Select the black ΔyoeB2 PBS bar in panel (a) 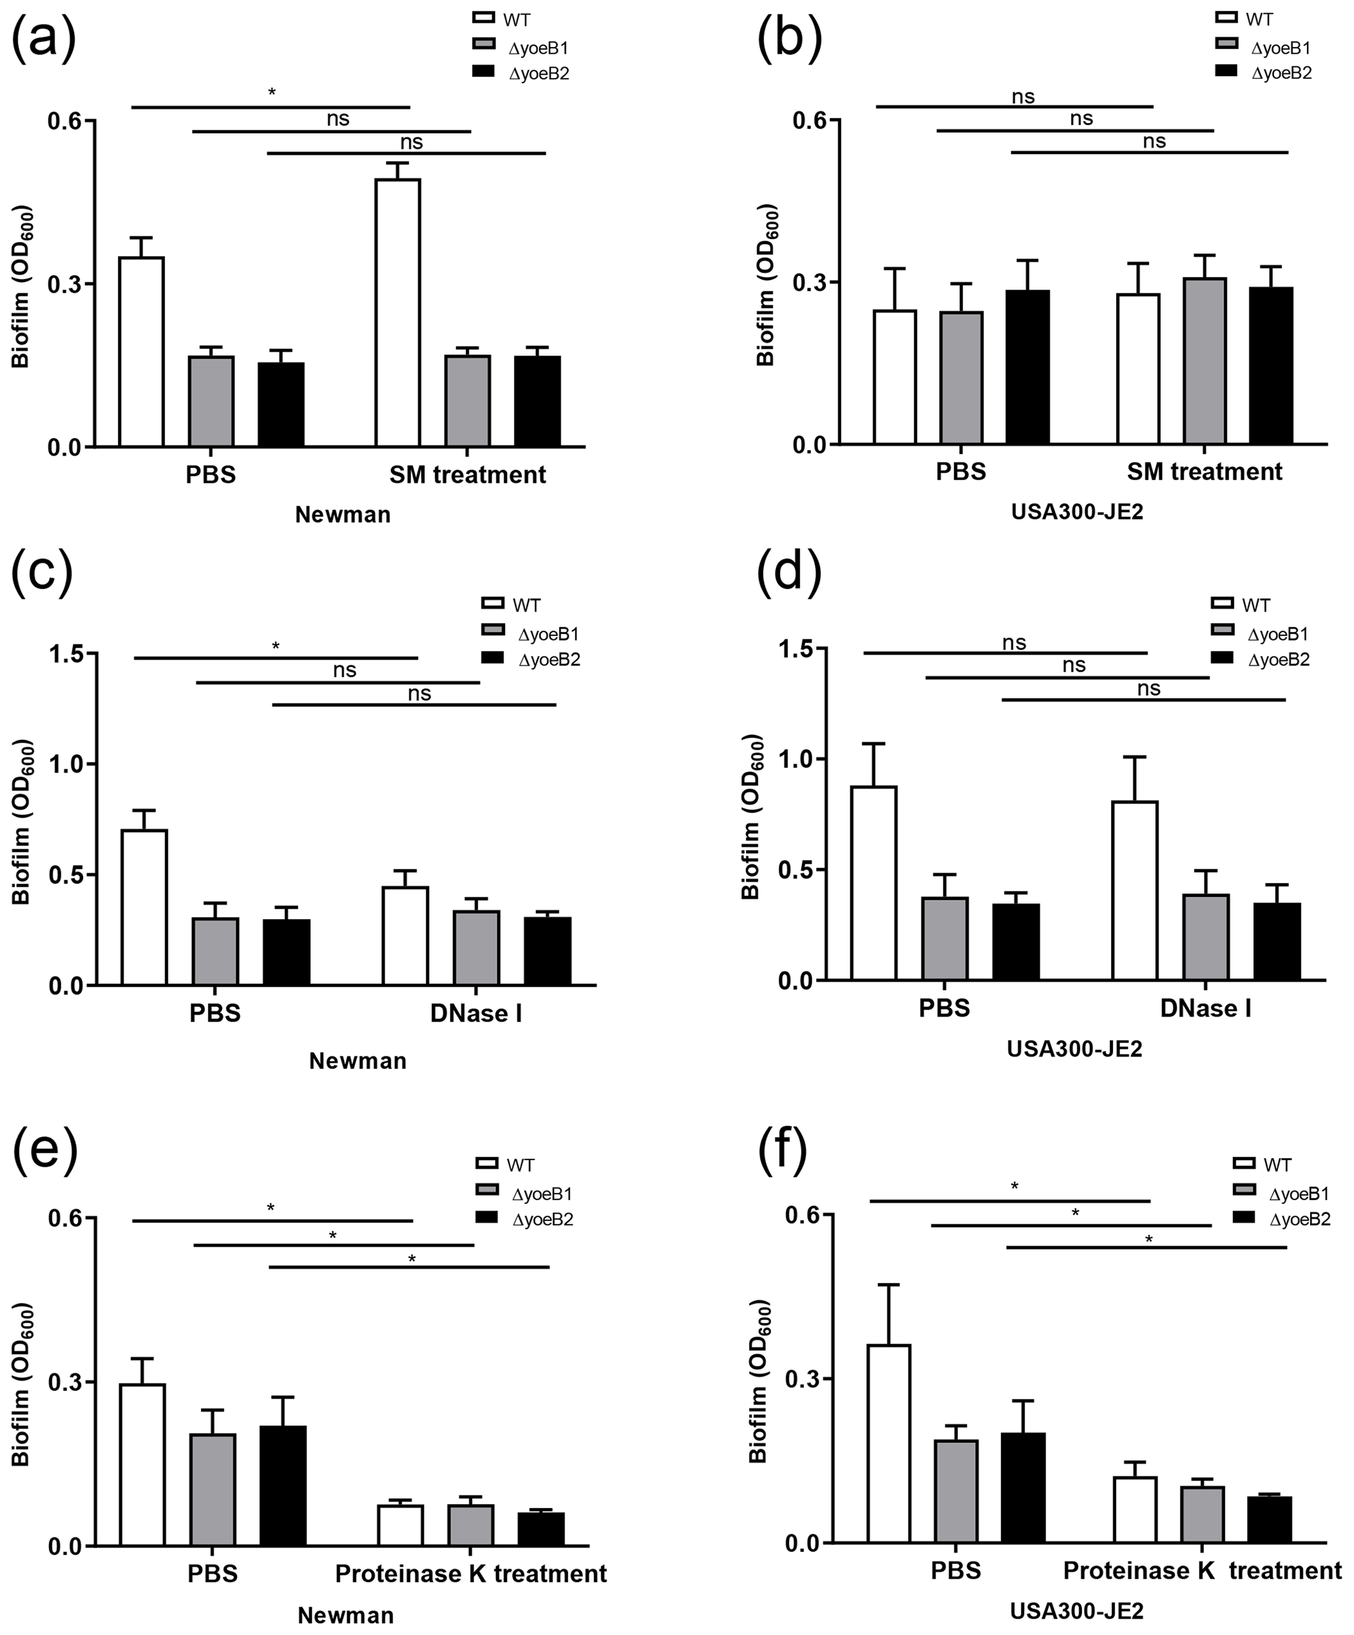[x=281, y=404]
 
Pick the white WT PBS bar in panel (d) [x=874, y=883]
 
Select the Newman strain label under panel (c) [x=358, y=1061]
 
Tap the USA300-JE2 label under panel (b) [x=1077, y=512]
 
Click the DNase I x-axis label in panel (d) [x=1205, y=1008]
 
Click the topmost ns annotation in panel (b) [x=1023, y=96]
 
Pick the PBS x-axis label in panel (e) [x=212, y=1573]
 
